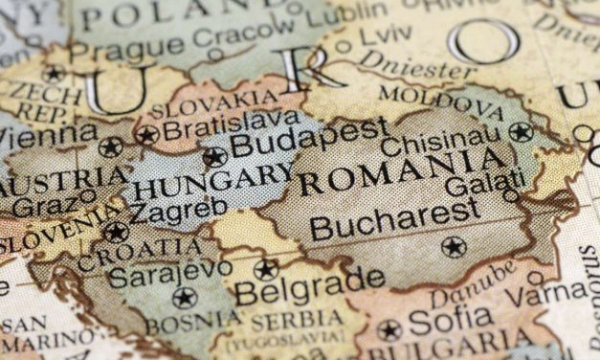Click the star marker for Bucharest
454,247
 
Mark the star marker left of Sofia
389,330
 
